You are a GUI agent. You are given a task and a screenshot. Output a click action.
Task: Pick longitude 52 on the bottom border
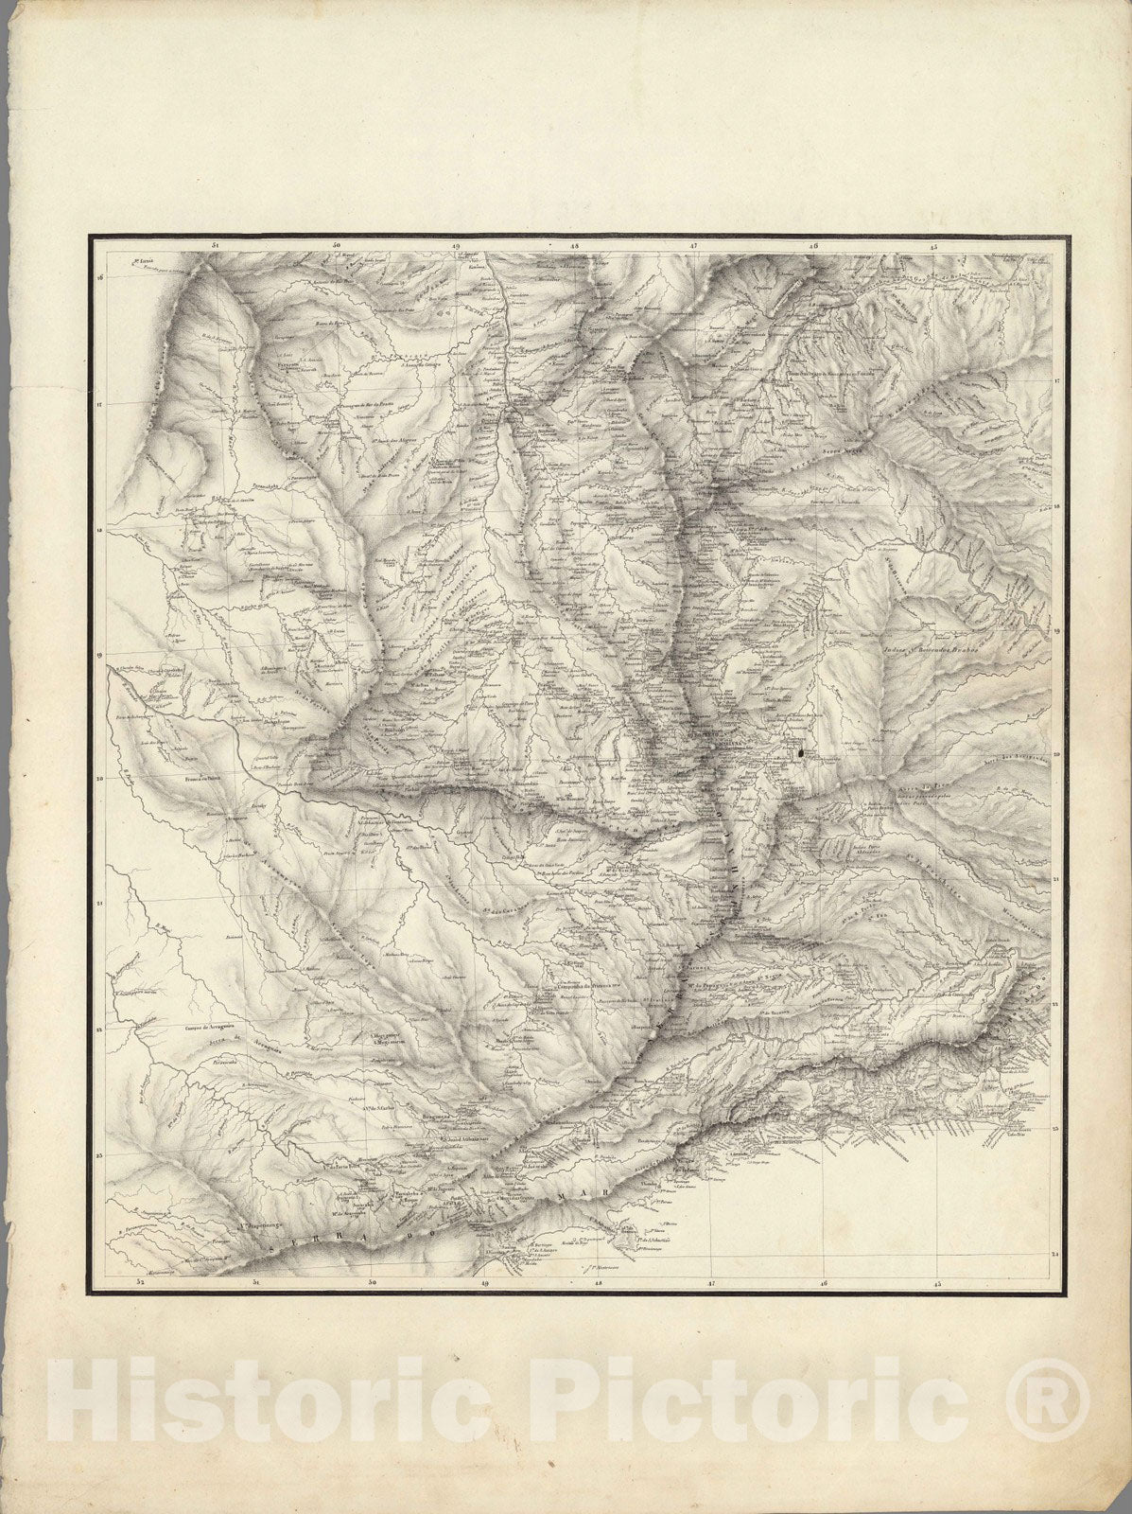pyautogui.click(x=139, y=1282)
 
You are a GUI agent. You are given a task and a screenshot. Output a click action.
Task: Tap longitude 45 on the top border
pyautogui.click(x=932, y=247)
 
